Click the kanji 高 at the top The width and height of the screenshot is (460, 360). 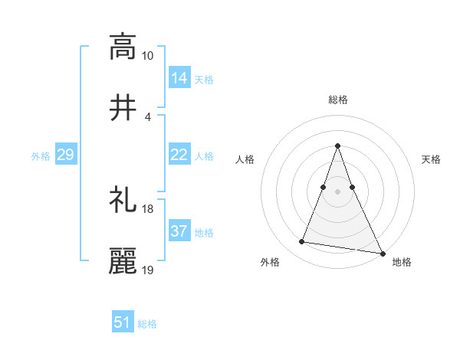(123, 47)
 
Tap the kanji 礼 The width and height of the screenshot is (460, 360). (123, 200)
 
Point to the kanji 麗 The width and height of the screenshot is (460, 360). (123, 260)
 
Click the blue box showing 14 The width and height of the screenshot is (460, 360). (179, 77)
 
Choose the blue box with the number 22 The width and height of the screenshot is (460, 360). (179, 155)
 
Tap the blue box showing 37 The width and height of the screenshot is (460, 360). (179, 231)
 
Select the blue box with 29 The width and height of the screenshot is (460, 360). (65, 155)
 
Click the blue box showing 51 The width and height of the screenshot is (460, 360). (123, 322)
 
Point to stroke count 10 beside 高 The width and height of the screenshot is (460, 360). (148, 56)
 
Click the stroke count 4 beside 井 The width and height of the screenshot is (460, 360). (147, 116)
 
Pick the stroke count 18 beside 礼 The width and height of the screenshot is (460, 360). (148, 209)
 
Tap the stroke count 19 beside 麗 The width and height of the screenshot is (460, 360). (148, 270)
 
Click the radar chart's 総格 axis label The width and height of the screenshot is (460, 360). (337, 100)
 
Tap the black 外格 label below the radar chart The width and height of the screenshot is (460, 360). (270, 262)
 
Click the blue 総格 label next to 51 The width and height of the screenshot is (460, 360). (147, 324)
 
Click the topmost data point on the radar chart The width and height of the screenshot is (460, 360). (337, 146)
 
